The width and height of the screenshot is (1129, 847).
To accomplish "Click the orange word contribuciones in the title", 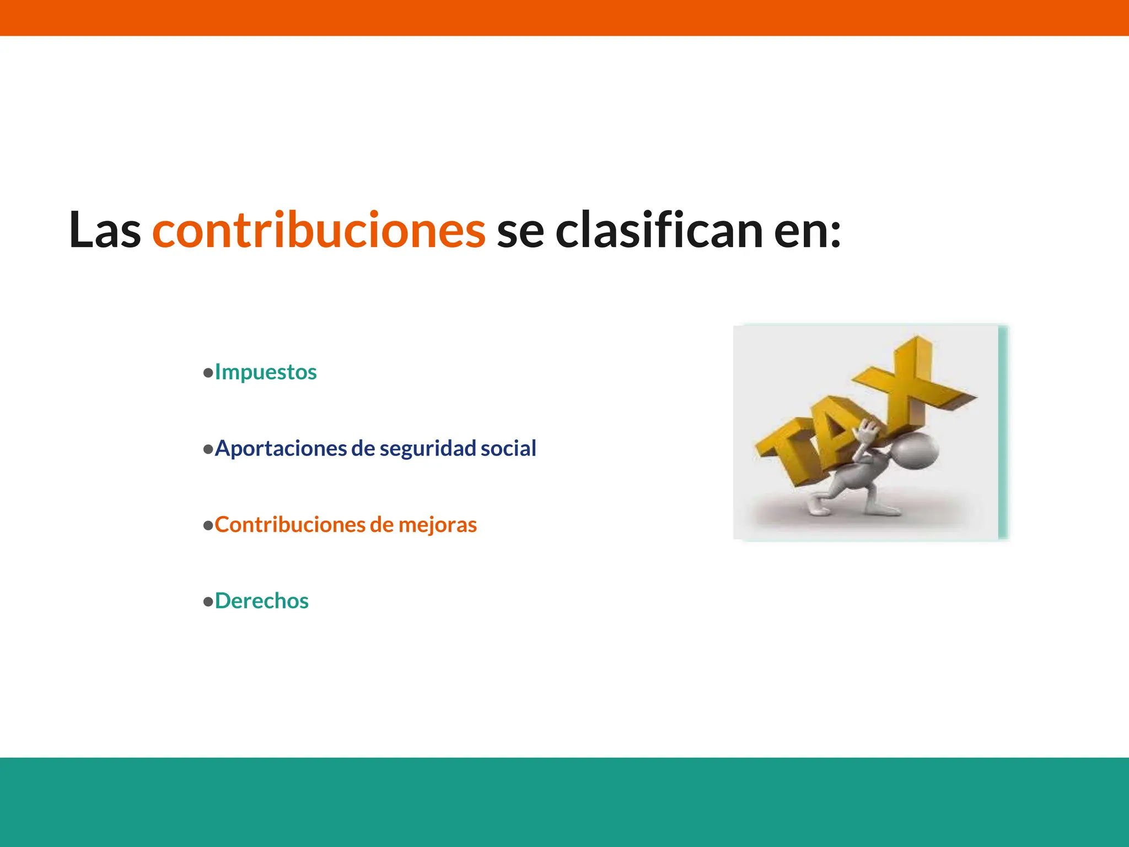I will point(319,230).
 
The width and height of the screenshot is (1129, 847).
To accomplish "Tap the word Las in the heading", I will point(105,230).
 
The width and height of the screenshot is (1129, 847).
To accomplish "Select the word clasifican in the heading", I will point(659,230).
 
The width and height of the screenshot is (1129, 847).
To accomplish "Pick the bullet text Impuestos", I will point(266,372).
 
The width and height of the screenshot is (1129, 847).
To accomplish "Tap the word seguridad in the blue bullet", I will point(428,448).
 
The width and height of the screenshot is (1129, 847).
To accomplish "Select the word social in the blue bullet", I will point(508,448).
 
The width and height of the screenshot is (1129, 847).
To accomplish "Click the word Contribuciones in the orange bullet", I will point(290,524).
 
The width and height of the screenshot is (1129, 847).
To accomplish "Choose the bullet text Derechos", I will point(261,601).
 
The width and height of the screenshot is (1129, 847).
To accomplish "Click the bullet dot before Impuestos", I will point(208,373).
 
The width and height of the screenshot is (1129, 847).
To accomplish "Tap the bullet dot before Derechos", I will point(208,602).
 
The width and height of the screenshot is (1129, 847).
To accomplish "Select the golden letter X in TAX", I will point(912,380).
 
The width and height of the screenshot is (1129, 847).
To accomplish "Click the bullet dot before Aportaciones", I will point(208,449).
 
